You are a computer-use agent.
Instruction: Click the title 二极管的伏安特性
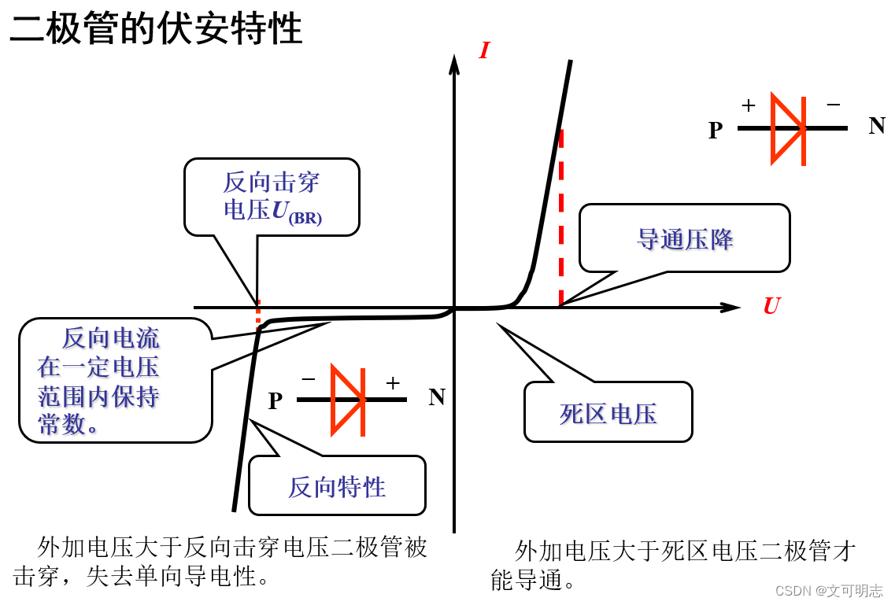(x=156, y=29)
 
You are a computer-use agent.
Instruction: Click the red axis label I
(x=484, y=51)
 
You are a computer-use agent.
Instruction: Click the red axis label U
(x=771, y=306)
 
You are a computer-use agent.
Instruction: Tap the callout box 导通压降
(x=684, y=238)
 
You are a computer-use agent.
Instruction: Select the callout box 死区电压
(x=608, y=413)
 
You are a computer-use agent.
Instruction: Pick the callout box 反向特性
(x=337, y=486)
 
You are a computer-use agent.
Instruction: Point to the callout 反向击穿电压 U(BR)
(x=272, y=197)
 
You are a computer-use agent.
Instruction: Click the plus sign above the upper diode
(x=749, y=105)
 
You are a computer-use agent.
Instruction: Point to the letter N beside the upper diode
(x=877, y=126)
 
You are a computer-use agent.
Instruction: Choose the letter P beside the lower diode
(x=275, y=401)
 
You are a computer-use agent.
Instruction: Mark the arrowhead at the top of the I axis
(x=454, y=63)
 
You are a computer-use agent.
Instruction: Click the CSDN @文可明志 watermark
(x=829, y=591)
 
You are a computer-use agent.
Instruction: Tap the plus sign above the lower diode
(x=393, y=383)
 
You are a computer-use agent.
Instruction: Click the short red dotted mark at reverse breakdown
(x=257, y=312)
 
